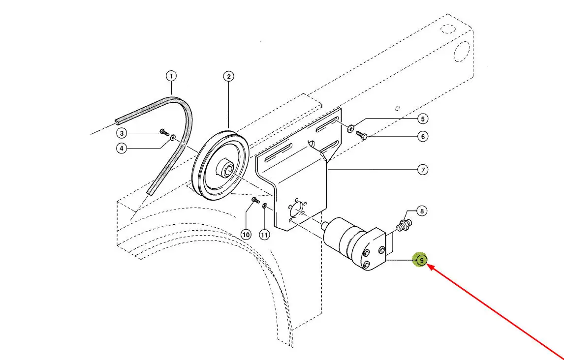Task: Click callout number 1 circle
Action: coord(171,76)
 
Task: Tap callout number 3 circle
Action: coord(122,133)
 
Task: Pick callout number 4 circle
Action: coord(122,148)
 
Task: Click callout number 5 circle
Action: coord(422,119)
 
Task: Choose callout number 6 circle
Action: coord(422,137)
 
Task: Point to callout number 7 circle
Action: coord(422,170)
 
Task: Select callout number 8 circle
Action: coord(422,211)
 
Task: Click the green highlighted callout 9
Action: coord(421,260)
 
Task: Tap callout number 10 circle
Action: coord(246,235)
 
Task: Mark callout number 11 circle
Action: coord(265,235)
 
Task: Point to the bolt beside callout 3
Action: coord(164,132)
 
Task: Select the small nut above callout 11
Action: coord(265,205)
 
